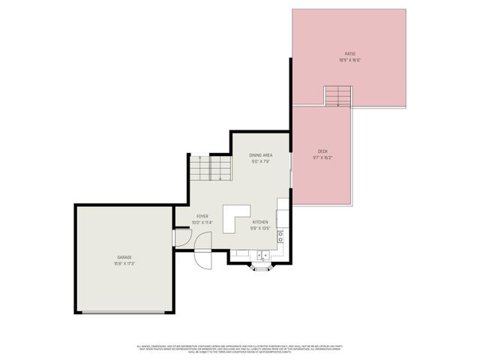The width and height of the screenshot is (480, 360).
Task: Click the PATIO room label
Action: (349, 53)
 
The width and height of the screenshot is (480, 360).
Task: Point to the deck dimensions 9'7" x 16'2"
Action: (322, 158)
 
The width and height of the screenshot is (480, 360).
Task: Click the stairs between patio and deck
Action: (337, 97)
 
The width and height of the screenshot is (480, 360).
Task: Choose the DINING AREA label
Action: (260, 155)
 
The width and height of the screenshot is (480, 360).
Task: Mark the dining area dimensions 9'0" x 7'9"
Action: (260, 161)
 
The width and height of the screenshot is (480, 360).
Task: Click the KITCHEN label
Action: (260, 222)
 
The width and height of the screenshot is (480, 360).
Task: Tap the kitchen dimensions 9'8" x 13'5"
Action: (260, 228)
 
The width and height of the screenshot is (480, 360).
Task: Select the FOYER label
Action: (202, 217)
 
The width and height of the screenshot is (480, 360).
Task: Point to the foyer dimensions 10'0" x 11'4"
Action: (202, 223)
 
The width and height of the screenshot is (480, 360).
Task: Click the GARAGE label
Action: (124, 257)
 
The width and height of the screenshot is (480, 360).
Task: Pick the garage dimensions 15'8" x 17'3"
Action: (124, 263)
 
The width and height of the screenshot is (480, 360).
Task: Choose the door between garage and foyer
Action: (180, 237)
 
